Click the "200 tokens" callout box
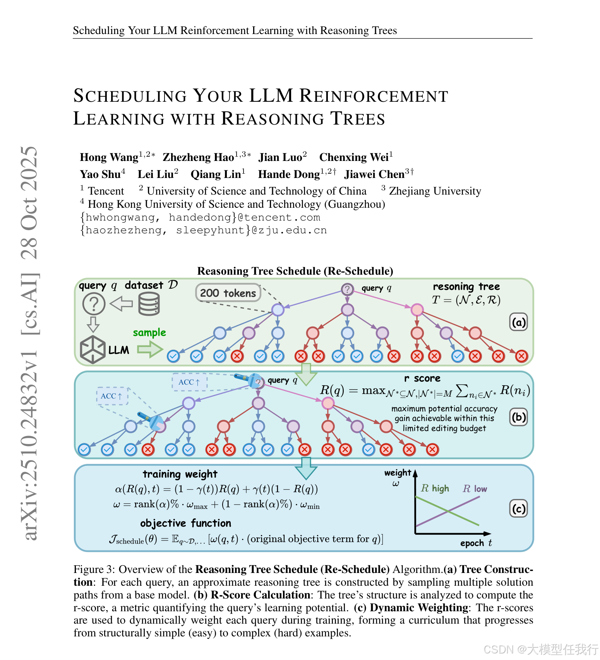[x=228, y=293]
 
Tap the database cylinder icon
[x=149, y=304]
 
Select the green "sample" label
[x=149, y=332]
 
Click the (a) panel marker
[x=519, y=322]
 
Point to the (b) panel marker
[x=519, y=417]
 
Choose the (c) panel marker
[x=519, y=508]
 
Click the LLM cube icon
[x=93, y=349]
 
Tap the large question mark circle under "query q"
[x=94, y=304]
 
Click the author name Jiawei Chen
[x=374, y=174]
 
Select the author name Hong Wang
[x=109, y=157]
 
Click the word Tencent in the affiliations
[x=106, y=191]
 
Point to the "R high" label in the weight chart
[x=435, y=488]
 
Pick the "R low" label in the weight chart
[x=475, y=489]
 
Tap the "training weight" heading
[x=180, y=474]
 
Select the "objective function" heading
[x=185, y=523]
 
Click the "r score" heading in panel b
[x=422, y=378]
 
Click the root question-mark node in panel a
[x=347, y=289]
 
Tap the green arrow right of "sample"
[x=150, y=349]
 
